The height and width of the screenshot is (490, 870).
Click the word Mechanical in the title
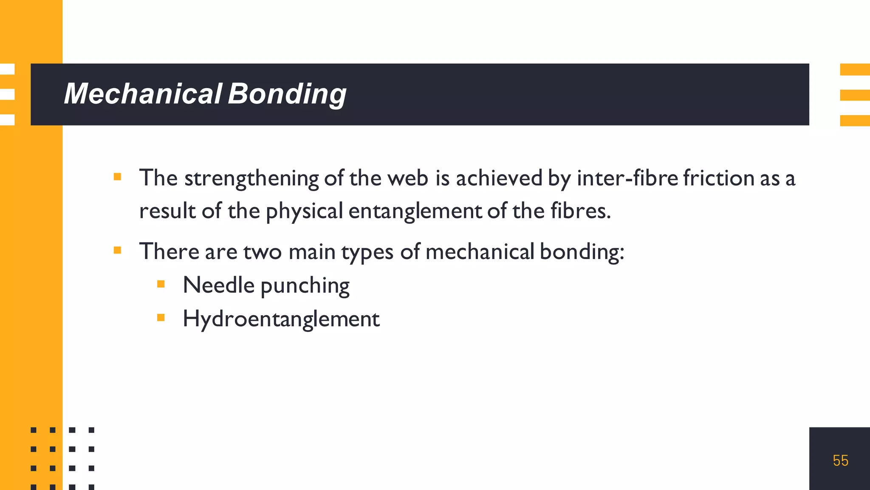[143, 94]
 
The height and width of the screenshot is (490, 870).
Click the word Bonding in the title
[287, 94]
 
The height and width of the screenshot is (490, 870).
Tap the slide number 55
[840, 461]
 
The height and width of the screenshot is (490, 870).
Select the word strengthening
[251, 178]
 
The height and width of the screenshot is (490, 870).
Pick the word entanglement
[415, 211]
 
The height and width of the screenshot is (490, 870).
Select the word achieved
[499, 178]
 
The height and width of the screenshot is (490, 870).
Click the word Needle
[218, 285]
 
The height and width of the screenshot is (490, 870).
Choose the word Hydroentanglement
[281, 319]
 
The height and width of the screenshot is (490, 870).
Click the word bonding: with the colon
[582, 251]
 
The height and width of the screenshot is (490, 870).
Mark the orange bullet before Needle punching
[161, 284]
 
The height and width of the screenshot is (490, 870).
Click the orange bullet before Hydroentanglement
[161, 317]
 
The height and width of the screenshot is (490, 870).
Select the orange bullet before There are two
[118, 250]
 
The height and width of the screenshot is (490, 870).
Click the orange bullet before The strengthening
[118, 177]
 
